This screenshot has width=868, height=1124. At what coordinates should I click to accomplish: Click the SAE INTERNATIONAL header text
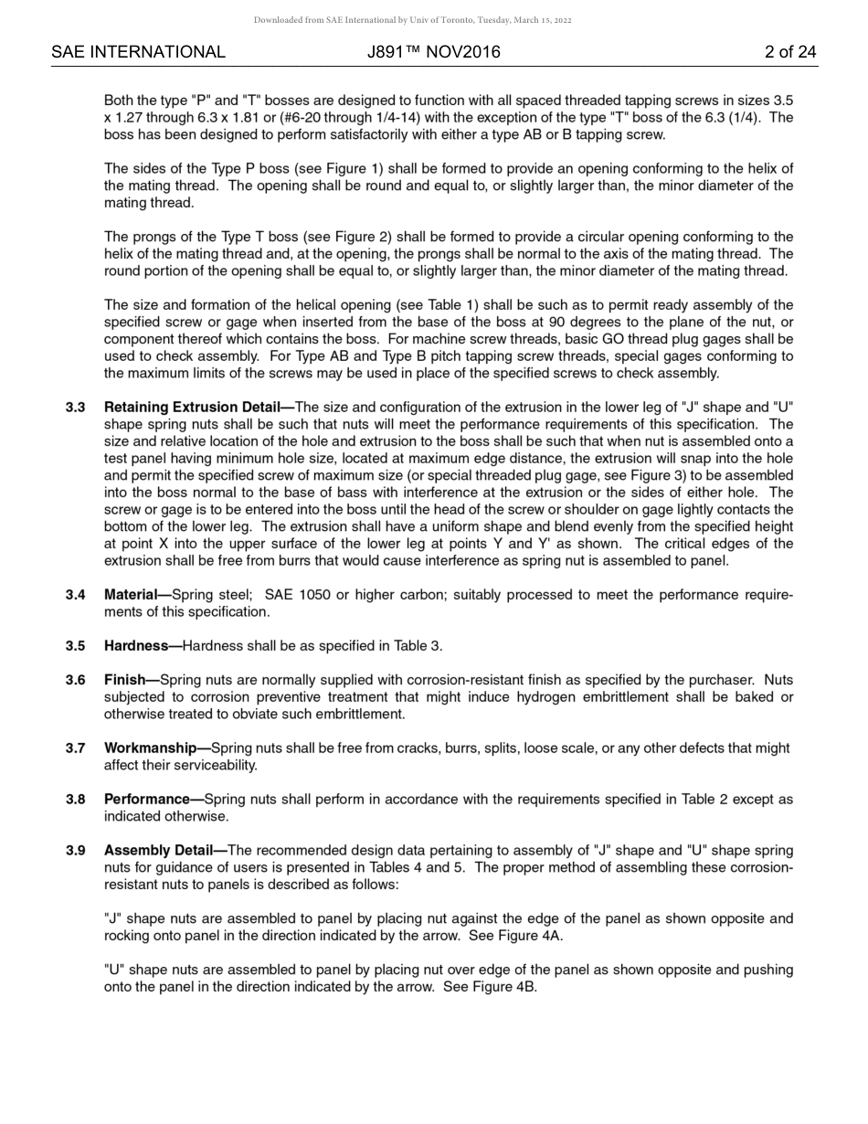click(x=138, y=52)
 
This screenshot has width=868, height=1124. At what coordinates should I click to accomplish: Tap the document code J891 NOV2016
click(x=434, y=52)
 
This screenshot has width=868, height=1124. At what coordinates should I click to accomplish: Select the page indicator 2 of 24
click(x=790, y=52)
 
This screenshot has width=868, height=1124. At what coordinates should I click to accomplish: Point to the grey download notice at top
click(x=412, y=19)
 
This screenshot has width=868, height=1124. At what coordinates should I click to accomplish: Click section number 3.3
click(x=75, y=408)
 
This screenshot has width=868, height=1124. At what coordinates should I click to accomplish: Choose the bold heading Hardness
click(x=138, y=646)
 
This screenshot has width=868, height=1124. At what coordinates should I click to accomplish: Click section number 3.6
click(x=75, y=680)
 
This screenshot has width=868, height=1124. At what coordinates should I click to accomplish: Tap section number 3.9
click(x=75, y=851)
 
